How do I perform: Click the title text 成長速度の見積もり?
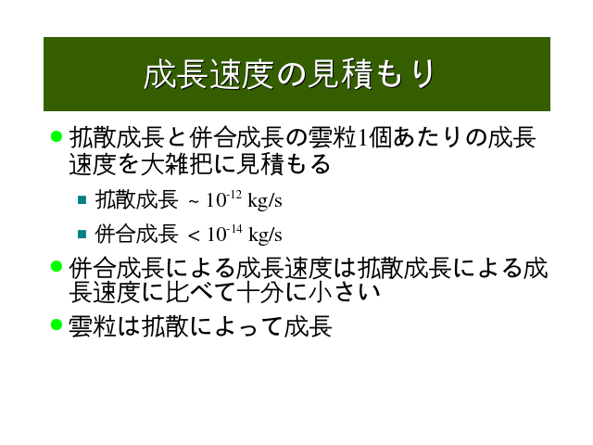288,74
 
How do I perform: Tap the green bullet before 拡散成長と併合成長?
57,136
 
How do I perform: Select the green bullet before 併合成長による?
57,266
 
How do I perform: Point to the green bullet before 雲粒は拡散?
57,324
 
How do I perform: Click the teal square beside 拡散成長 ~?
82,200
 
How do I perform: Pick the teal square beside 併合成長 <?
82,234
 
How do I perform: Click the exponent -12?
234,195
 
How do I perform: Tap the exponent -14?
234,229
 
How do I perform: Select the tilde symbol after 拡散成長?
194,202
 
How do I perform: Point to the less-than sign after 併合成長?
194,236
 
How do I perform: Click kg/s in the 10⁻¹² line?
264,200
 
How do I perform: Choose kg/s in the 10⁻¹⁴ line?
265,235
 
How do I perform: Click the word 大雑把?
176,164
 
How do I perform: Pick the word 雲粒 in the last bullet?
92,325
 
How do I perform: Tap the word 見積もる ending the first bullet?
283,164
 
